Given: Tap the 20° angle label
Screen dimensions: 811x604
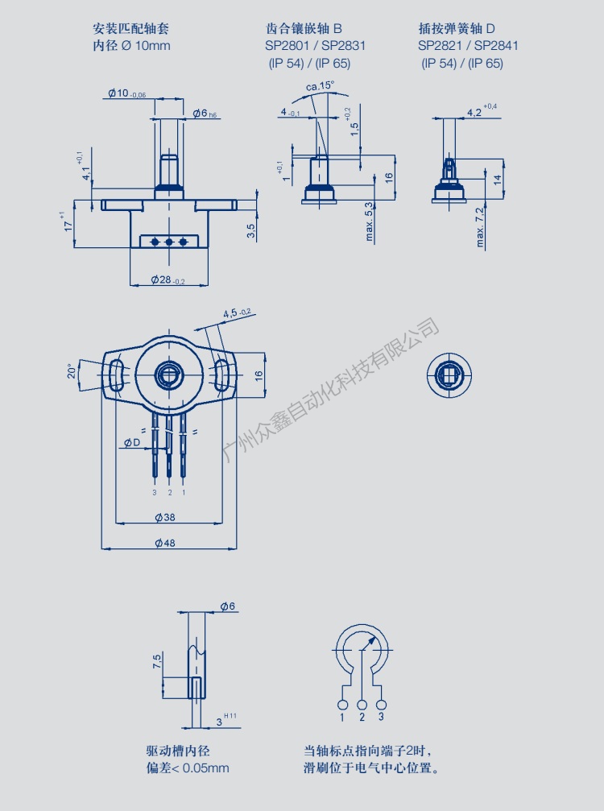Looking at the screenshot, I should click(x=72, y=370).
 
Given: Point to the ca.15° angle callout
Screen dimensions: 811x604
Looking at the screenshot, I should click(x=320, y=86).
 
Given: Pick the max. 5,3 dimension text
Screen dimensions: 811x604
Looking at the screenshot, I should click(x=370, y=218).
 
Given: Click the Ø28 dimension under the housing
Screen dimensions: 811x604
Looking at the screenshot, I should click(x=168, y=279).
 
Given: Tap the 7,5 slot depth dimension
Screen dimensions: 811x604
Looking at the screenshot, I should click(x=157, y=663).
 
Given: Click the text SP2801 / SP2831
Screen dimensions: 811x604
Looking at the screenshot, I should click(x=315, y=45).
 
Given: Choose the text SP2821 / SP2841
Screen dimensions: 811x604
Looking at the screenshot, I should click(x=468, y=45).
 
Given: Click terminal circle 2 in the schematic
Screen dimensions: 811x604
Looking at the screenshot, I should click(x=362, y=704).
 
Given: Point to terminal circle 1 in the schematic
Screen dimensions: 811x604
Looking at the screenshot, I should click(x=342, y=704).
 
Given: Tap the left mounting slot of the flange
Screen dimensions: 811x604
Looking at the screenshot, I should click(x=117, y=375).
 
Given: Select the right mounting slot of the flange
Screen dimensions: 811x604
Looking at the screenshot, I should click(x=221, y=375).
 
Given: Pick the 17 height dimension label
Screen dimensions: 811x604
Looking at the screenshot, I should click(x=68, y=221).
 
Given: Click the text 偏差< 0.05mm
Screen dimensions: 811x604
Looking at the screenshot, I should click(x=187, y=768).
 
